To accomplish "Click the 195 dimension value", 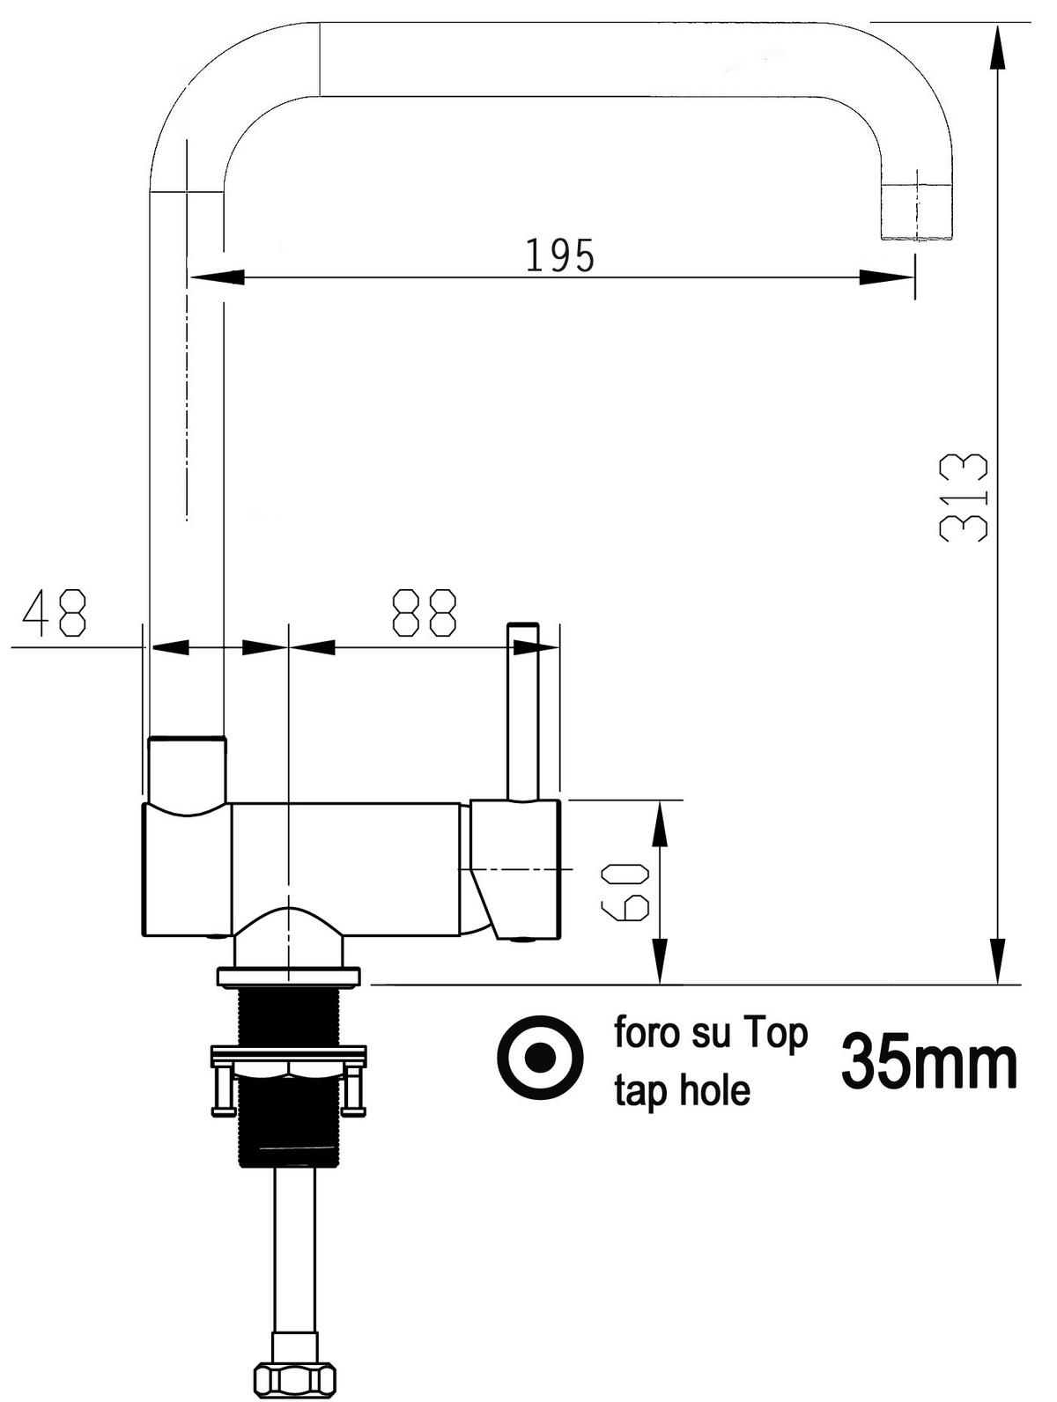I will point(560,255).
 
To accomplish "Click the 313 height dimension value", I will point(964,497).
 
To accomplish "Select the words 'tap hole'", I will point(682,1092).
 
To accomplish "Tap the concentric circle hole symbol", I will point(540,1056).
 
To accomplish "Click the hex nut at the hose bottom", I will point(294,1376).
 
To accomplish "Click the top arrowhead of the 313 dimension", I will point(997,44).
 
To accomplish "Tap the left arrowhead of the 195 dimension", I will point(217,277).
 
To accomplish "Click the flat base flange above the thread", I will point(289,977).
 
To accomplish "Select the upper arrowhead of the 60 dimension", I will point(660,823).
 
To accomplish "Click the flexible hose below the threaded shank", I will point(293,1251).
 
